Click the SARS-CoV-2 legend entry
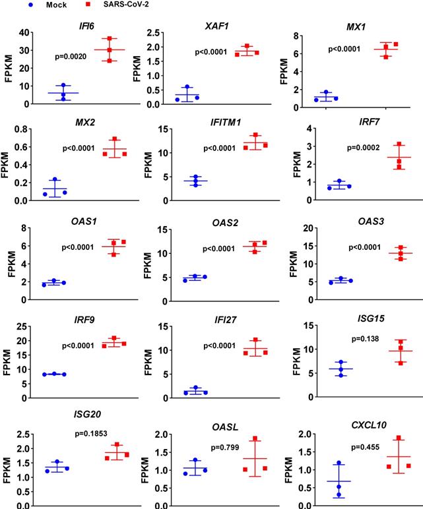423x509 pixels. coord(115,5)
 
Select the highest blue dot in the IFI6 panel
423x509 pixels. coord(63,86)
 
